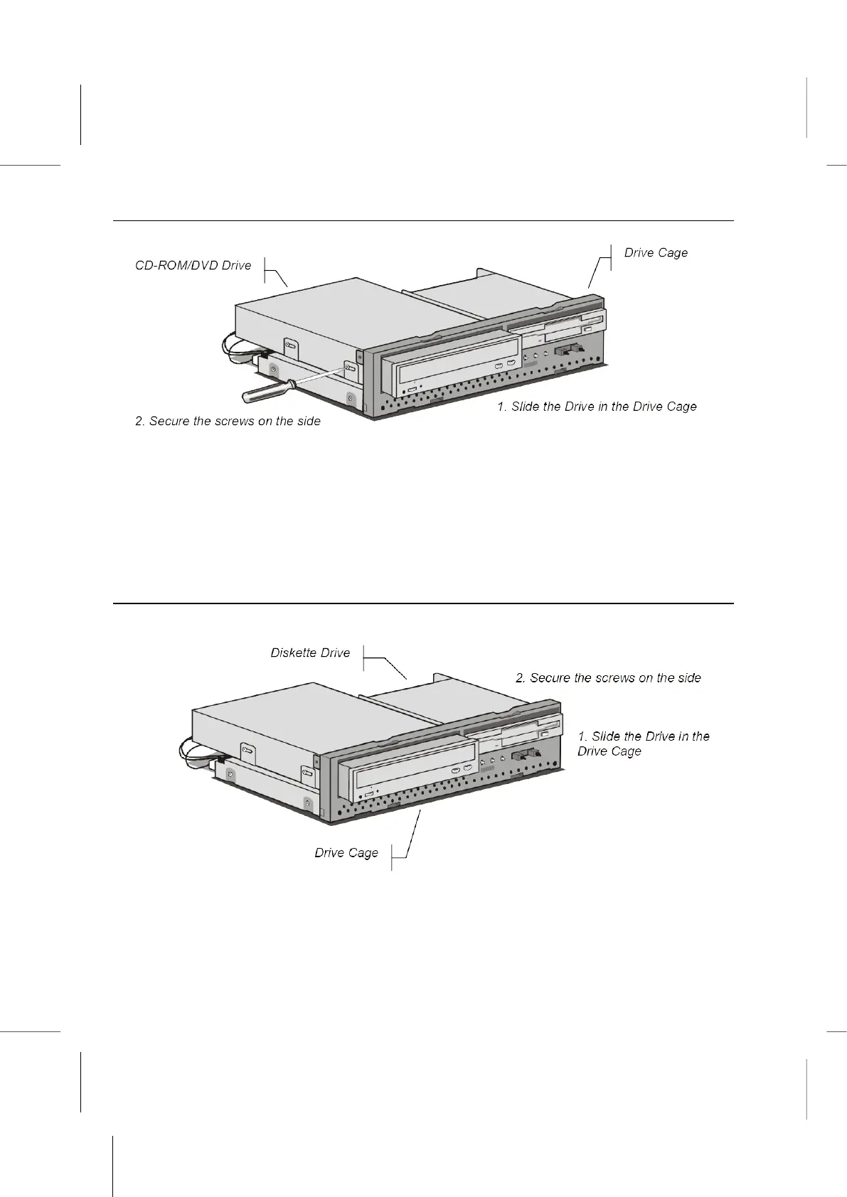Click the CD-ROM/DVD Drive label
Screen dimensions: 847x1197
tap(193, 266)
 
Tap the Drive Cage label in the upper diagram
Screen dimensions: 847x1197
tap(656, 253)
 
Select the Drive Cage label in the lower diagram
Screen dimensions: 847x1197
tap(346, 853)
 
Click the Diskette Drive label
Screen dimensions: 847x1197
tap(310, 653)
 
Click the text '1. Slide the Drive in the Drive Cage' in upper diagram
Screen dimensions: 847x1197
tap(596, 407)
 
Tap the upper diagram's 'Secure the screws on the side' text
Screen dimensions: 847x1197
tap(228, 422)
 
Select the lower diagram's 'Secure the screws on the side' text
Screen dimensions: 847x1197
tap(608, 678)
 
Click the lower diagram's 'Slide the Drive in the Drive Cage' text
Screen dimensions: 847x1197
tap(643, 744)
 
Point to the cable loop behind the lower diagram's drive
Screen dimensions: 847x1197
tap(198, 750)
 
